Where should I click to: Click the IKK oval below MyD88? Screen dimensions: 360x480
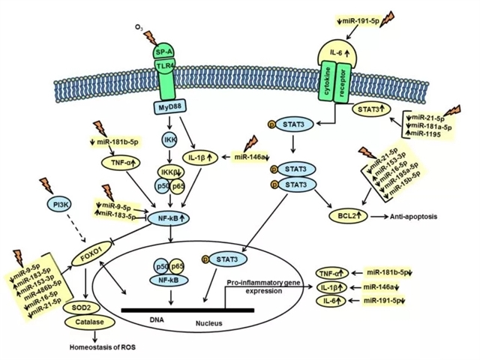coord(169,139)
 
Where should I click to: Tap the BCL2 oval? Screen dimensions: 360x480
coord(346,216)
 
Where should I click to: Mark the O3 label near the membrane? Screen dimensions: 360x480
coord(139,28)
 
